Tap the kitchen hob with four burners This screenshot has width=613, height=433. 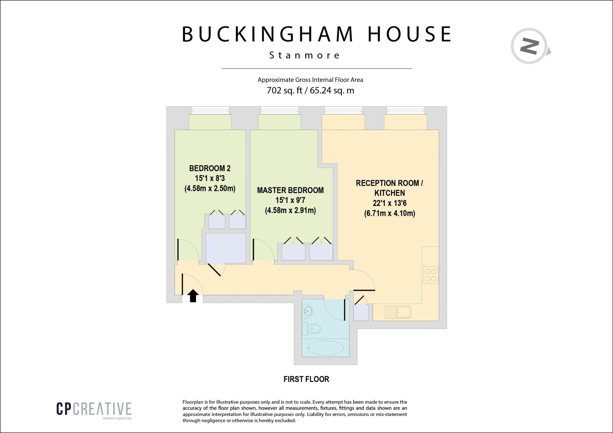(x=430, y=275)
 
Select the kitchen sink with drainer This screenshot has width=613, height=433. (x=398, y=312)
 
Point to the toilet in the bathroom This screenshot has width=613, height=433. (x=312, y=329)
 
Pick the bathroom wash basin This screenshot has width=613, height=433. (x=307, y=311)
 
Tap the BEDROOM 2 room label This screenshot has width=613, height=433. (x=210, y=168)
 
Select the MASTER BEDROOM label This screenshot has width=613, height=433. (x=290, y=190)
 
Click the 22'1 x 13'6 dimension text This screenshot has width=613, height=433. (x=389, y=203)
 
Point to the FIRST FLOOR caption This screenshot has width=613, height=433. (x=306, y=379)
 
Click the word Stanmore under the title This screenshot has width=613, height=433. (x=304, y=55)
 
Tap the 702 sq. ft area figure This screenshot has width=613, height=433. (x=284, y=90)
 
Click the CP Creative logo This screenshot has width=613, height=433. (x=94, y=409)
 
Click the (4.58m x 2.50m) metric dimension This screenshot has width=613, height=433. (x=210, y=189)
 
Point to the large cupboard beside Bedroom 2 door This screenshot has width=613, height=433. (x=226, y=248)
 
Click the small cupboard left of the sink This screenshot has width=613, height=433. (x=361, y=312)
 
